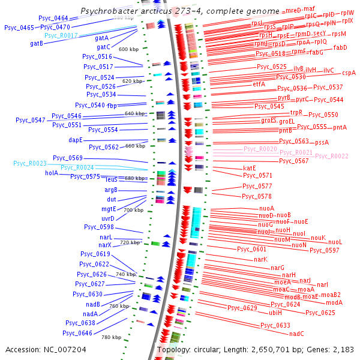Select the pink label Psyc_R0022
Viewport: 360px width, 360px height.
click(331, 156)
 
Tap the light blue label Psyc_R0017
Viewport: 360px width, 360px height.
click(62, 36)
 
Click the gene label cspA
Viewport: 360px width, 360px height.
click(349, 73)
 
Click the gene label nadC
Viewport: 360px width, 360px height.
click(297, 334)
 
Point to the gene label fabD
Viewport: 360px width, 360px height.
click(340, 47)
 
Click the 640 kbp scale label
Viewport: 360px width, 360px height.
click(133, 113)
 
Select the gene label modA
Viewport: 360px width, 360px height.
click(334, 302)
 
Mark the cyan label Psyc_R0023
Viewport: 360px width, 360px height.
click(30, 163)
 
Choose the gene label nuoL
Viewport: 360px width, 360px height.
click(335, 242)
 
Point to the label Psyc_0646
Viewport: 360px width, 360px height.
click(77, 333)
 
